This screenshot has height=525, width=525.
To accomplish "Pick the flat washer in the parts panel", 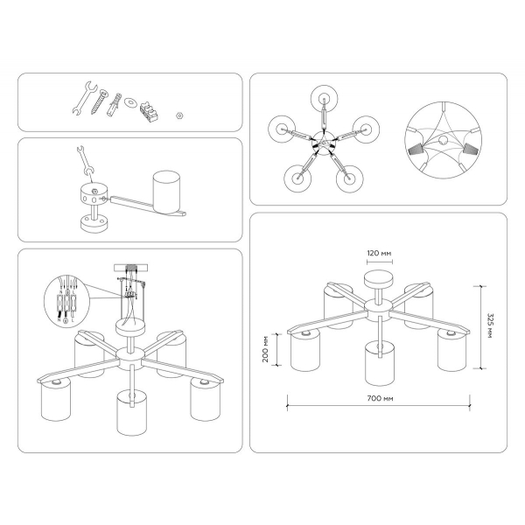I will tap(131, 101).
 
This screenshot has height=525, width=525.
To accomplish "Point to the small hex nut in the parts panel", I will tap(178, 113).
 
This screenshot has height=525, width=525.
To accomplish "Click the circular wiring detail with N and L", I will tap(66, 301).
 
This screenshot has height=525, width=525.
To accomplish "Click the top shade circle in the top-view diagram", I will tap(323, 98).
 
